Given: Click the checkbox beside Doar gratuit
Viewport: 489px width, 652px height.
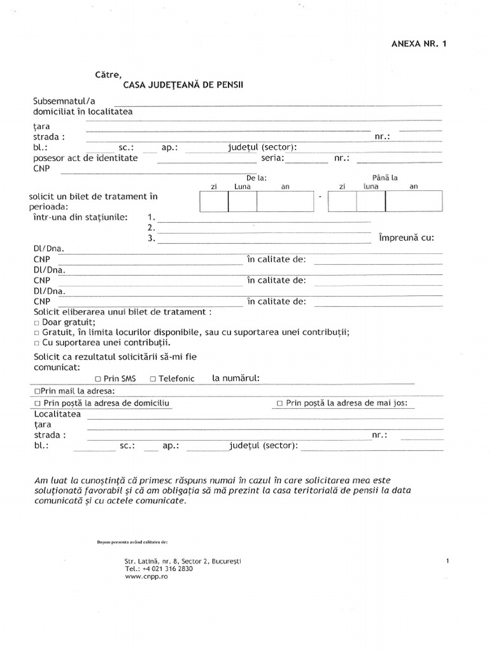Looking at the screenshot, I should [37, 322].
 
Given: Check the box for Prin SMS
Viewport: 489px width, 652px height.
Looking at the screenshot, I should [98, 379].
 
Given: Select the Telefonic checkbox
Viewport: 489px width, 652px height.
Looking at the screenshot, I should [153, 379].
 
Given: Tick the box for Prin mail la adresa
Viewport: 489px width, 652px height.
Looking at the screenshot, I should [37, 390].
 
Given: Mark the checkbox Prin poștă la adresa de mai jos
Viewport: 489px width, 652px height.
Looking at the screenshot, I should [280, 404].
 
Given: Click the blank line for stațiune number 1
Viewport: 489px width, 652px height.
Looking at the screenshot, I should [264, 218].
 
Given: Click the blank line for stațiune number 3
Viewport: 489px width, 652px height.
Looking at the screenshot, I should [264, 239].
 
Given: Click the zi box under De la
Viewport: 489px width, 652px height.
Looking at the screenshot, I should [214, 202].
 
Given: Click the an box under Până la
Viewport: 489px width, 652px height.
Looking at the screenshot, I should [413, 202].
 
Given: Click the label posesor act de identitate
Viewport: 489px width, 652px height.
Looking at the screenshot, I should [85, 158].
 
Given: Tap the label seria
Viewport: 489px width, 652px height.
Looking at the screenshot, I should [273, 158].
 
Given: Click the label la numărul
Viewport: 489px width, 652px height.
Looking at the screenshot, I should [236, 378].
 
